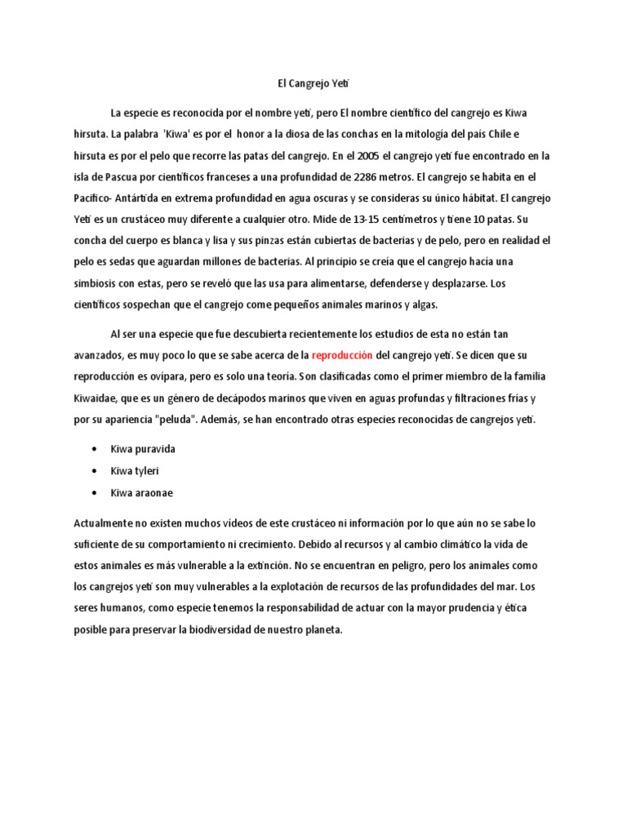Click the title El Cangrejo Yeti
(313, 82)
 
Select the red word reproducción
(342, 355)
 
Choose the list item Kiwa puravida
(144, 450)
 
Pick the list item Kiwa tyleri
(136, 471)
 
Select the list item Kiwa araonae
(141, 492)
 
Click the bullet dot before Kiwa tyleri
(96, 472)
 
